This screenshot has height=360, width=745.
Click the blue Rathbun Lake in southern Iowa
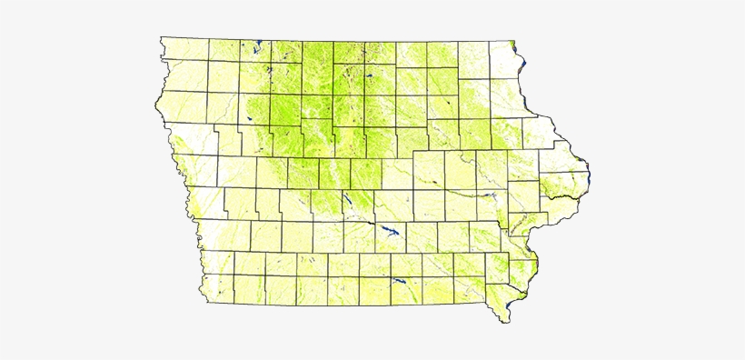[398, 282]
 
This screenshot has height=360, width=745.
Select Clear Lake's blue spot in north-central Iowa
[371, 76]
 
